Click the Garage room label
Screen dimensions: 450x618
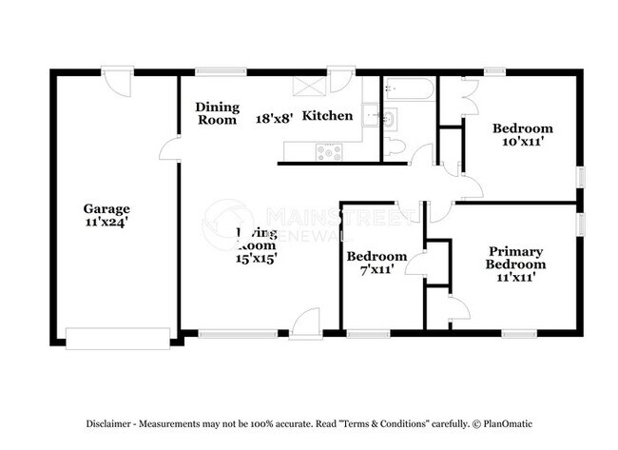coord(106,208)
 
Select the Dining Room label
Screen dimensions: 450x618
coord(217,113)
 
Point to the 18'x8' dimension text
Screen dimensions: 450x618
coord(274,118)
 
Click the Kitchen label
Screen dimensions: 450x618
coord(328,116)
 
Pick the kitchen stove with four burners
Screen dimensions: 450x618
coord(329,148)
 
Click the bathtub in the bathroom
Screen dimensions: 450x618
coord(410,91)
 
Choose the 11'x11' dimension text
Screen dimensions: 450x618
coord(515,278)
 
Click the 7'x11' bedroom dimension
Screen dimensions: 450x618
coord(377,271)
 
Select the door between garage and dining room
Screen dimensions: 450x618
coord(171,148)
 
